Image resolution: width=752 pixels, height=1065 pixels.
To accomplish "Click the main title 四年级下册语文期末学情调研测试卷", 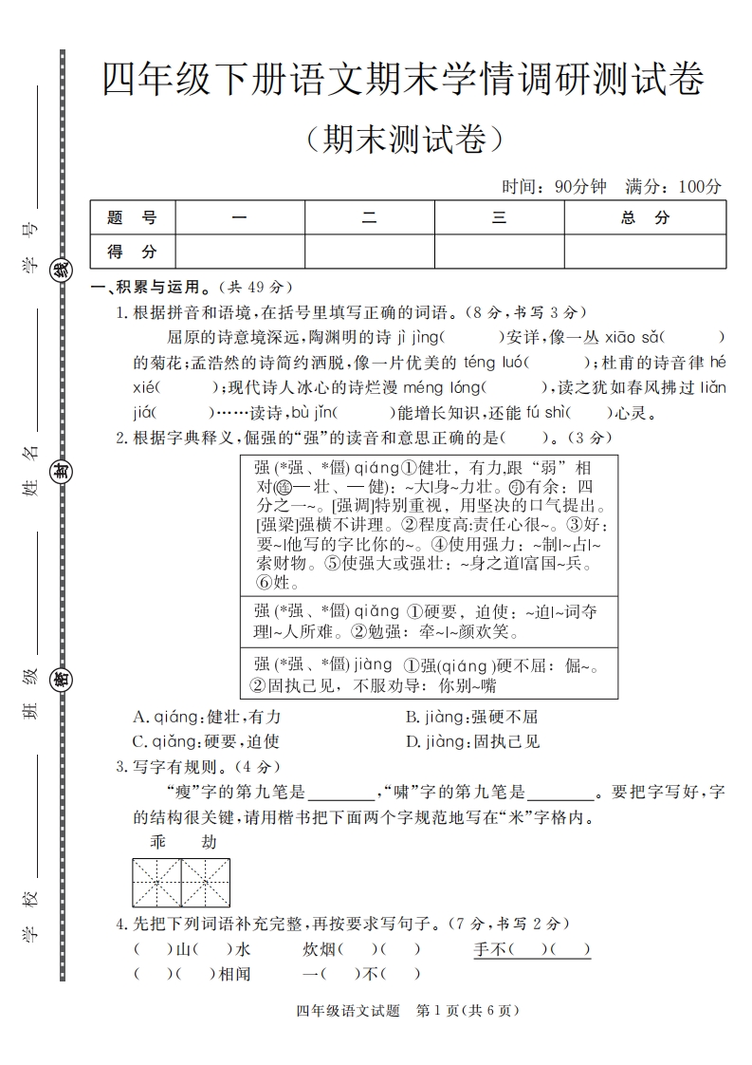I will [403, 80].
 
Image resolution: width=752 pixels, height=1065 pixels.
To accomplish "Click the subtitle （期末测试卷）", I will [403, 140].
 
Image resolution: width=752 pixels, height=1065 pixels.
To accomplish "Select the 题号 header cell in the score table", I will [133, 217].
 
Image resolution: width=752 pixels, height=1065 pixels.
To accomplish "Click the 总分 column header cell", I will [645, 217].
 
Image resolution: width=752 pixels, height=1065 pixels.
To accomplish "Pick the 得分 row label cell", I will [133, 252].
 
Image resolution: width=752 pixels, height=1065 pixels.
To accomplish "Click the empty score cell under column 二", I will [369, 252].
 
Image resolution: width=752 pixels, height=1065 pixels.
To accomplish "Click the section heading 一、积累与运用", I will [147, 287].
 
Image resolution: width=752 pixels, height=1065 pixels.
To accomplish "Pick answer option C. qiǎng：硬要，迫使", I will [206, 741].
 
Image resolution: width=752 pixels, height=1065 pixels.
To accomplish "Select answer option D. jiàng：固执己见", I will [472, 741].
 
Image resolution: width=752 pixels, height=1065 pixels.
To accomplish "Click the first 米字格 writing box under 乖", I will [156, 883].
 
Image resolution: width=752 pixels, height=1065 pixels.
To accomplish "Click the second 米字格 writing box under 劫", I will [205, 883].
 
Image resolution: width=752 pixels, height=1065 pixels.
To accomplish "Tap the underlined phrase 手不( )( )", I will [532, 948].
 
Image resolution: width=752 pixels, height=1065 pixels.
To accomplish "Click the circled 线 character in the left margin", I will [61, 270].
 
